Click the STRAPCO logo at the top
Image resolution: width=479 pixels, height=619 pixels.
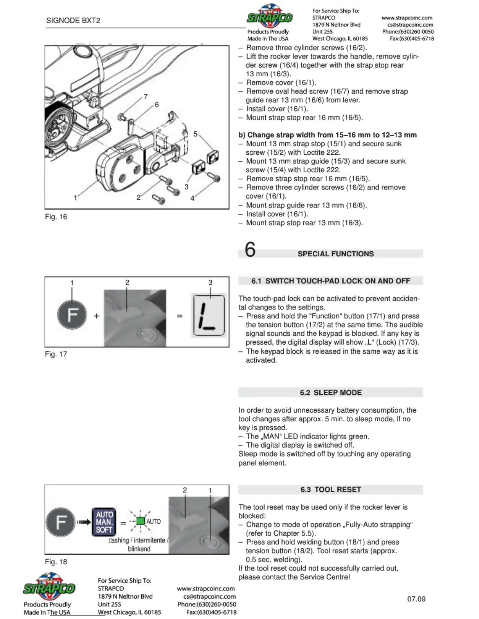tap(270, 16)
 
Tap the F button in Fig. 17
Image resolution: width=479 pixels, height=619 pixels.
tap(72, 315)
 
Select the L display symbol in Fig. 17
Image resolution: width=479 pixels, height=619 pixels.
tap(209, 315)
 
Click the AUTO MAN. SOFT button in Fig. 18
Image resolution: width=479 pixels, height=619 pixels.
tap(104, 522)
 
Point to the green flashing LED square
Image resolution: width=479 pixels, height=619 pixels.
tap(140, 521)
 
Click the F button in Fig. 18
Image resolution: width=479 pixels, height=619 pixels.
tap(60, 522)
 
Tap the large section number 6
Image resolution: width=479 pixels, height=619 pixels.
tap(250, 250)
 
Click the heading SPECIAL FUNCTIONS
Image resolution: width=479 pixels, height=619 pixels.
tap(335, 254)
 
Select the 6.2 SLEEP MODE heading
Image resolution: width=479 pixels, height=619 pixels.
tap(331, 393)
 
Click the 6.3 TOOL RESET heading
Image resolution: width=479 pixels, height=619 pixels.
tap(331, 490)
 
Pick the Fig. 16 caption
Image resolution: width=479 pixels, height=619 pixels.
tap(56, 217)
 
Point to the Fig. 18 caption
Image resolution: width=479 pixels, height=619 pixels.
tap(56, 562)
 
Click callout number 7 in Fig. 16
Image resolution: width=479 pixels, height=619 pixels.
tap(146, 97)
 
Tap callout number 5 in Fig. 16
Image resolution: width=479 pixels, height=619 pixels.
tap(195, 134)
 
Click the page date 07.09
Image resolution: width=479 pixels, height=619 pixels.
tap(416, 599)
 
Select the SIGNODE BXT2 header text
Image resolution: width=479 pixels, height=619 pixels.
tap(73, 21)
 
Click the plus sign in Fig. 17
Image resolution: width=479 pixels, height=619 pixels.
tap(97, 316)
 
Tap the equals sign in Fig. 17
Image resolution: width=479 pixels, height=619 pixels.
tap(180, 316)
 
